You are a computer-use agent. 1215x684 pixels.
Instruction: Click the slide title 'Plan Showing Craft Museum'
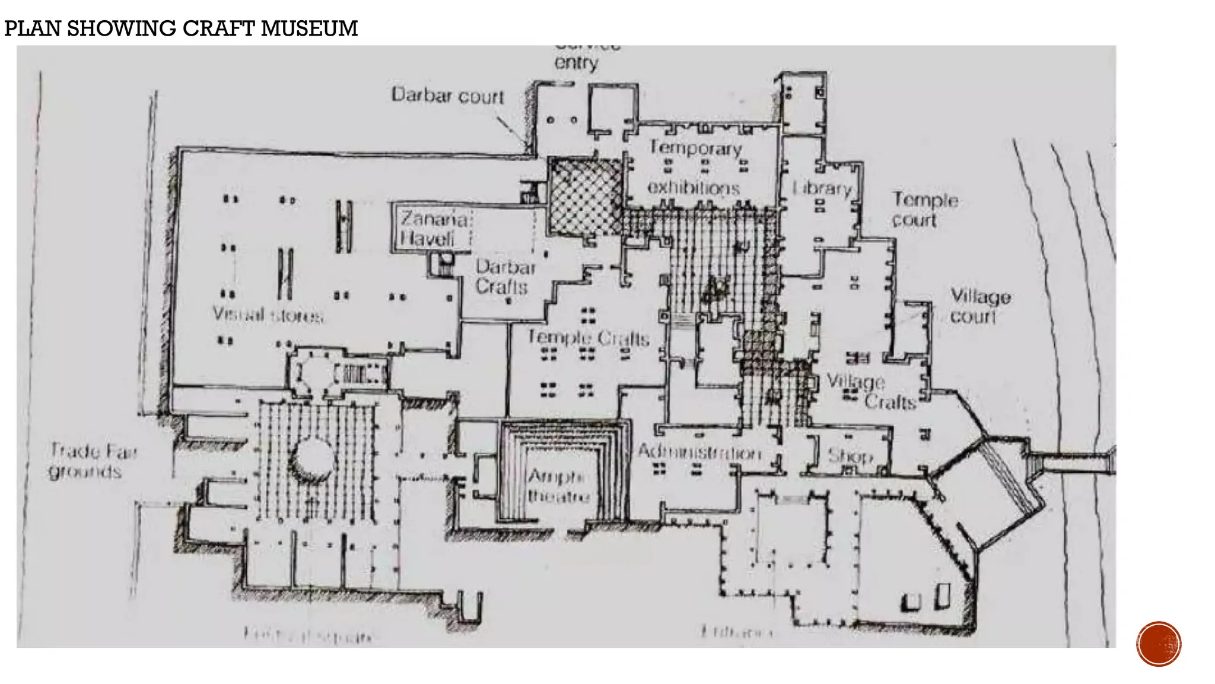pyautogui.click(x=181, y=28)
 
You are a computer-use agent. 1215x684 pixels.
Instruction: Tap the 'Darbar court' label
pyautogui.click(x=448, y=96)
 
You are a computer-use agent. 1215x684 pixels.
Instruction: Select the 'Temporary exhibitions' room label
pyautogui.click(x=695, y=167)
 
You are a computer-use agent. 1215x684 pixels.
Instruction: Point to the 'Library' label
pyautogui.click(x=822, y=188)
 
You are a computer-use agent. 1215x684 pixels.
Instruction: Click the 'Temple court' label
pyautogui.click(x=924, y=210)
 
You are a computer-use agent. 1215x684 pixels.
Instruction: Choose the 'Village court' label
pyautogui.click(x=979, y=306)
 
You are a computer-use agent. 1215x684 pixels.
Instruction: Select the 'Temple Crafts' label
pyautogui.click(x=589, y=338)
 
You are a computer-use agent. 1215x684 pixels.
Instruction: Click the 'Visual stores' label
pyautogui.click(x=268, y=314)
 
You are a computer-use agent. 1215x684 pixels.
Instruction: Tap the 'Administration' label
pyautogui.click(x=700, y=452)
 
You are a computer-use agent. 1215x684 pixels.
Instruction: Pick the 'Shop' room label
pyautogui.click(x=850, y=456)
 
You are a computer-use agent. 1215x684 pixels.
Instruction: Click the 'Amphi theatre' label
pyautogui.click(x=558, y=486)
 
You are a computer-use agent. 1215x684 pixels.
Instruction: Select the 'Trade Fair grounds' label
pyautogui.click(x=92, y=461)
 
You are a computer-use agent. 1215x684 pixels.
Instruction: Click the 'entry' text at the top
pyautogui.click(x=576, y=62)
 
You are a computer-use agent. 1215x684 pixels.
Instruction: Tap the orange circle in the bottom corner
pyautogui.click(x=1159, y=644)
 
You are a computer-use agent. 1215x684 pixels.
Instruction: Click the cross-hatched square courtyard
pyautogui.click(x=585, y=196)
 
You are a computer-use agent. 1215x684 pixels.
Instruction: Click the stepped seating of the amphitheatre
pyautogui.click(x=513, y=475)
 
